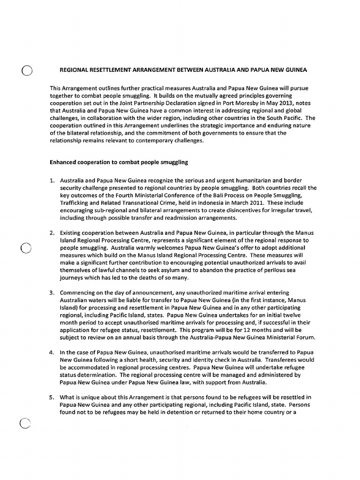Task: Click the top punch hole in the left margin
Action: [x=27, y=71]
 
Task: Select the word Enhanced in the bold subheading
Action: [x=64, y=162]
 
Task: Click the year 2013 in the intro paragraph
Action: [x=267, y=103]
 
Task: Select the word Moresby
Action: [x=233, y=103]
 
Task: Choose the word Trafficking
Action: [x=75, y=202]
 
